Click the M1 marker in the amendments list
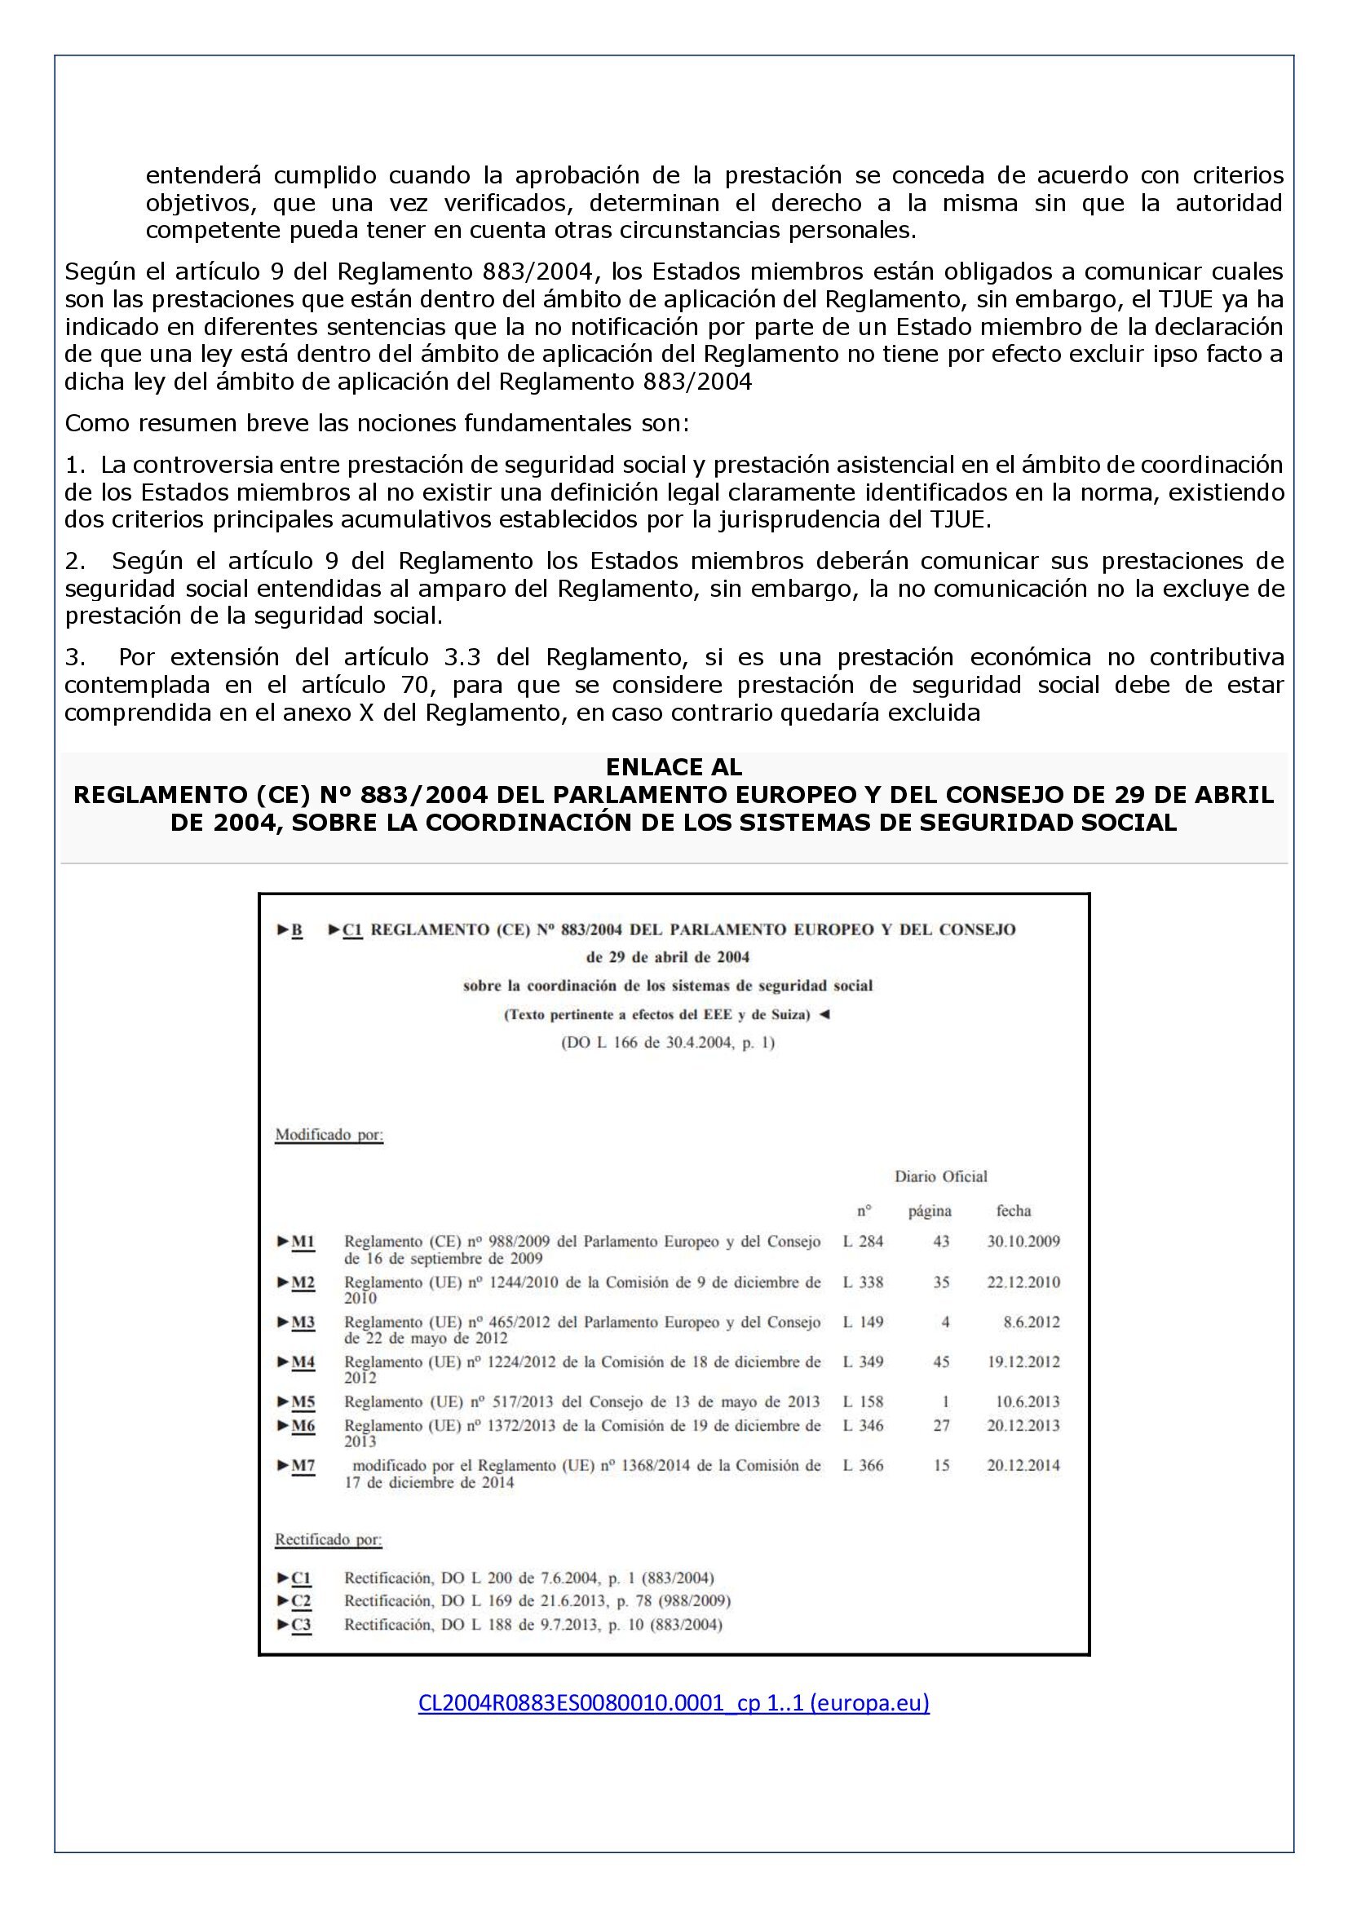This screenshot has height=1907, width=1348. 303,1242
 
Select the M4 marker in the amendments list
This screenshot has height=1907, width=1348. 303,1362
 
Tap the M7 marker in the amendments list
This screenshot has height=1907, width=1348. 303,1465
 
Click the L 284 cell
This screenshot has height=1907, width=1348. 863,1242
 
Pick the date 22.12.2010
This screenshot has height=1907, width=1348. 1023,1282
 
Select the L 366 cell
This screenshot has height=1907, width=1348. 863,1465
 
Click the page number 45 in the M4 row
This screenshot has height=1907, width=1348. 941,1362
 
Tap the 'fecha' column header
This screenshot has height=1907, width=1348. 1014,1210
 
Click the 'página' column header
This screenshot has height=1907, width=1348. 930,1210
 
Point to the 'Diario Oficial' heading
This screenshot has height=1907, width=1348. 940,1176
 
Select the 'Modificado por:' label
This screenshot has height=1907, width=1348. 329,1135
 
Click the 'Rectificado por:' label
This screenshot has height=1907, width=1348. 328,1539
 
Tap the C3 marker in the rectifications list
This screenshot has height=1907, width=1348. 302,1625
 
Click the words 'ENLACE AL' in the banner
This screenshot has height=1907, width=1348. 674,766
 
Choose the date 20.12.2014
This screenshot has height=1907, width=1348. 1023,1465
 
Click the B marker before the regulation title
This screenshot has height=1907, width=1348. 297,930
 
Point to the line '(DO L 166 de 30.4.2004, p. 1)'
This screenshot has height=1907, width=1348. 668,1043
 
